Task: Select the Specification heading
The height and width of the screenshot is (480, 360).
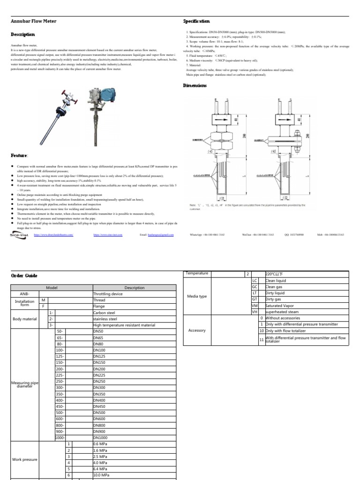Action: pos(196,21)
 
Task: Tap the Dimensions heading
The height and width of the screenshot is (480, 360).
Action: pos(194,85)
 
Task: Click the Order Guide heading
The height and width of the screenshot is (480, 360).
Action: pos(23,275)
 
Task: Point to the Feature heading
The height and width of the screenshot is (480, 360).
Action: pos(19,155)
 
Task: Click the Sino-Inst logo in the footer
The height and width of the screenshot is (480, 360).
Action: pos(19,235)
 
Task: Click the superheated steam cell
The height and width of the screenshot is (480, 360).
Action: pos(282,312)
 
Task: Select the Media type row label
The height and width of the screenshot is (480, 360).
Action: pos(197,296)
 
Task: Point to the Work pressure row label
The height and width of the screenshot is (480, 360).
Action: pos(24,459)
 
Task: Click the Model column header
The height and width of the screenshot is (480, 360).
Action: pos(52,288)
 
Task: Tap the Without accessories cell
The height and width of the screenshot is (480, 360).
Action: pos(285,318)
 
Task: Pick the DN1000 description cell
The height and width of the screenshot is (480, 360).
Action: pos(101,437)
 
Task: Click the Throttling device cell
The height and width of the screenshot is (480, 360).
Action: pos(108,294)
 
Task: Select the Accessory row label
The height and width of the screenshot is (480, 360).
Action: pos(197,330)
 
